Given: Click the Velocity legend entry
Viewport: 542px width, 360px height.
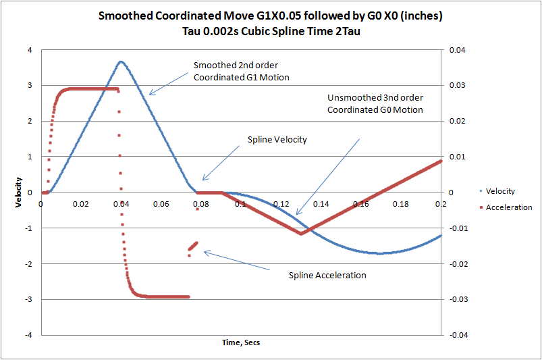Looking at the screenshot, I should pos(500,191).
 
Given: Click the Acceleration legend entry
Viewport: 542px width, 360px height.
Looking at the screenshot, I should pos(508,207).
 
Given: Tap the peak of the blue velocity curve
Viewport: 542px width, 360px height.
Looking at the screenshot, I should pos(121,61).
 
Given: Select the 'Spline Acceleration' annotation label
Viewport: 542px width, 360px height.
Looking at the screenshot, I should pos(327,275).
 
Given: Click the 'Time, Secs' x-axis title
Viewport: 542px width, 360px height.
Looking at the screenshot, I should pos(241,342).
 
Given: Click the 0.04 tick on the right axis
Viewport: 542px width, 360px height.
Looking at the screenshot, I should pos(451,49).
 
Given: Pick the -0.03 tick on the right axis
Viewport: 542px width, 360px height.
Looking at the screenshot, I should pos(452,299).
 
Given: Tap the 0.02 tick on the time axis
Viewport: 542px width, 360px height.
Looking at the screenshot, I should pos(80,203).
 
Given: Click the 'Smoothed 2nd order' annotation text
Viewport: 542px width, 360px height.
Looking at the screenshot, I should pos(236,66).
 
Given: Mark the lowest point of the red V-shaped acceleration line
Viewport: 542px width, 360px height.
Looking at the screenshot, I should pos(302,233).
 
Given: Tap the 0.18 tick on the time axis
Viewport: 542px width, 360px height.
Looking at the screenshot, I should pos(401,203).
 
